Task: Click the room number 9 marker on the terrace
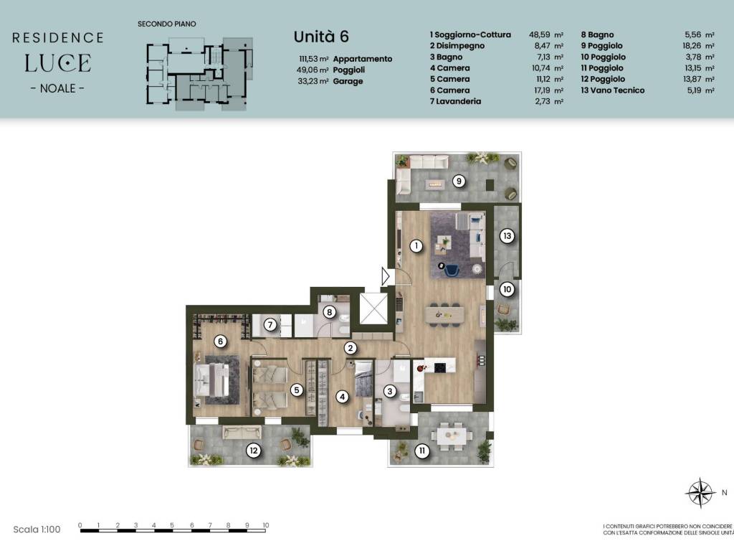click(x=459, y=181)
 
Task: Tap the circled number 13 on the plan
click(x=507, y=235)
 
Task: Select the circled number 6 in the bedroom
click(x=220, y=341)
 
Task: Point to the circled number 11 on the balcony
click(x=422, y=451)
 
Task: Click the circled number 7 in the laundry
click(x=270, y=324)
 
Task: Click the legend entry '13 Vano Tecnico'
click(x=613, y=90)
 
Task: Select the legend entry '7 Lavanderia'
click(x=455, y=101)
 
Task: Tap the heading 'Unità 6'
click(x=321, y=37)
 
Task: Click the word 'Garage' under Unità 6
click(x=348, y=81)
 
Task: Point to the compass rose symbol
click(x=700, y=493)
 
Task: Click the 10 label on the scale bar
click(x=265, y=525)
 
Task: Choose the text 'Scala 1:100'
click(x=37, y=529)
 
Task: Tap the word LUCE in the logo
click(x=57, y=63)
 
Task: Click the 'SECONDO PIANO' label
click(x=166, y=24)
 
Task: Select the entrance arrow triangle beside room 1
click(x=385, y=276)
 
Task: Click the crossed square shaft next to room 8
click(x=373, y=309)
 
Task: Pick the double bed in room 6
click(x=212, y=380)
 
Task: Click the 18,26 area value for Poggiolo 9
click(x=698, y=46)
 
